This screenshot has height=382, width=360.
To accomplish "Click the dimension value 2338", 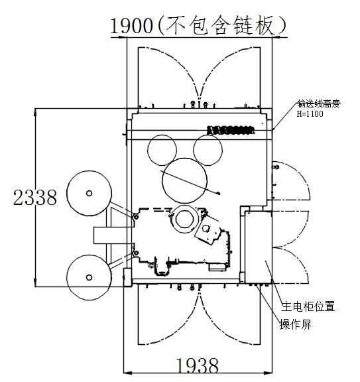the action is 35,198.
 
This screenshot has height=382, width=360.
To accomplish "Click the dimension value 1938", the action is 197,365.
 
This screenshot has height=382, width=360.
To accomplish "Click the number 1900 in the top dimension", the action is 132,26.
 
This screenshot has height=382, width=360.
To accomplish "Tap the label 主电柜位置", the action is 308,306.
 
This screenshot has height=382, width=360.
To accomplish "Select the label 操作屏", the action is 296,324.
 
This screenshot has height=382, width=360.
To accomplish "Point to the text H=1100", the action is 310,114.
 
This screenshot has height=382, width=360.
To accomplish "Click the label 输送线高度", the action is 319,103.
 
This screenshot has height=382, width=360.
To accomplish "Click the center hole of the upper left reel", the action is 89,193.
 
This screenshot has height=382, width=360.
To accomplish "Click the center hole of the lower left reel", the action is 89,277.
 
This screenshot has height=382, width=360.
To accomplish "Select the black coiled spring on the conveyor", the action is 231,130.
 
